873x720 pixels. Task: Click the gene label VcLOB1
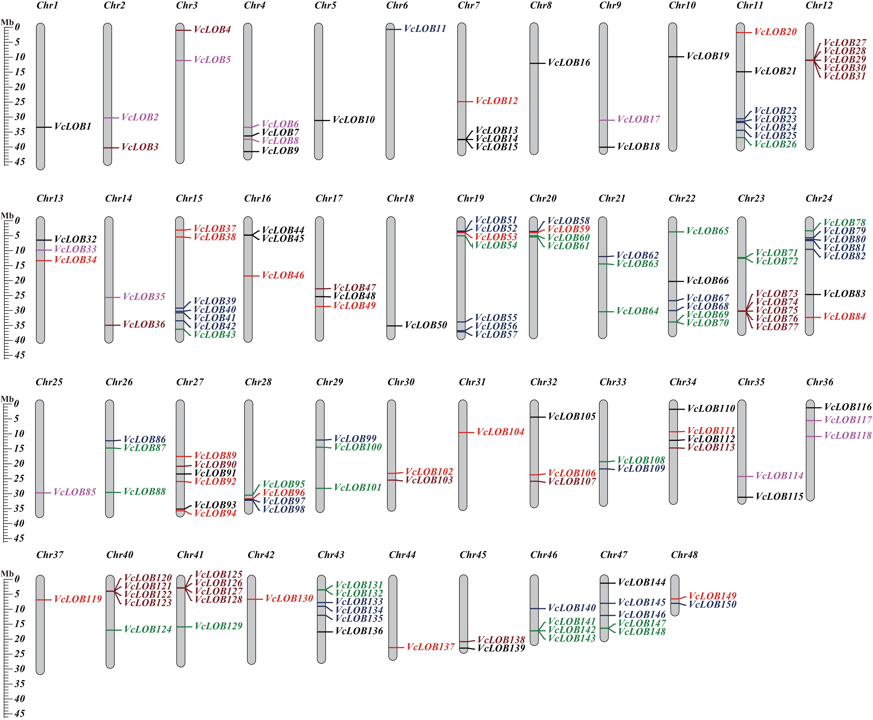(x=73, y=126)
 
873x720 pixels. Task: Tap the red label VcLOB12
(x=497, y=101)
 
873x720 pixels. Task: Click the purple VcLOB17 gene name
(x=638, y=120)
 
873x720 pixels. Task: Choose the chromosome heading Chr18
(x=400, y=198)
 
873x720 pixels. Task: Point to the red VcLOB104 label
(x=500, y=432)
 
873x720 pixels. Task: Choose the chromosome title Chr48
(x=684, y=555)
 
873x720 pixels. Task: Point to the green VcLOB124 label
(x=148, y=629)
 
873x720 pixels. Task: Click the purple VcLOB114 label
(x=779, y=476)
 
